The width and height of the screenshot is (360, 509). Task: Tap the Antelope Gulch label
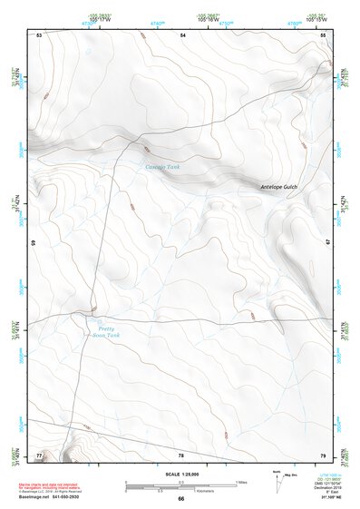(278, 187)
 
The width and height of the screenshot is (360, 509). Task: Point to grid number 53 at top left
(39, 34)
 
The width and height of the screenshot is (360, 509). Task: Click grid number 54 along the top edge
(182, 34)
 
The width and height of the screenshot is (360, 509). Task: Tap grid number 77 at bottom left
(39, 454)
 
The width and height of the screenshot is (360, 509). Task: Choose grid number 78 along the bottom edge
(181, 455)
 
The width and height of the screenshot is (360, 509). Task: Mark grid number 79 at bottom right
(323, 454)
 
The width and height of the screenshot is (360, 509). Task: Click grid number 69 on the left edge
(34, 243)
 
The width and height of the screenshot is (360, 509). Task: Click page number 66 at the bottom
(180, 499)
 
